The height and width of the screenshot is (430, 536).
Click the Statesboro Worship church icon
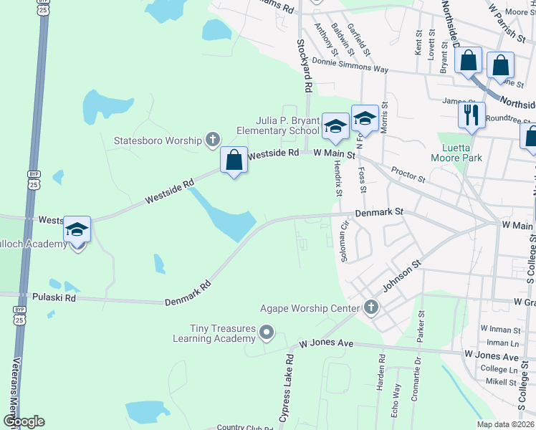pyautogui.click(x=213, y=140)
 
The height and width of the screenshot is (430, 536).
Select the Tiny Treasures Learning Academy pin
pyautogui.click(x=267, y=332)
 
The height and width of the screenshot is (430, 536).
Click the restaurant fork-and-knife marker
pyautogui.click(x=471, y=115)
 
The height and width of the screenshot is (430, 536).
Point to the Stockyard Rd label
pyautogui.click(x=305, y=65)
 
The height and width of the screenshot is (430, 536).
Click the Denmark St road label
pyautogui.click(x=379, y=213)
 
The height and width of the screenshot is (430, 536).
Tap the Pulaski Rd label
pyautogui.click(x=54, y=295)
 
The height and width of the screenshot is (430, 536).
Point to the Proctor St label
pyautogui.click(x=408, y=174)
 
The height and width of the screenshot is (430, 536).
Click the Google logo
pyautogui.click(x=23, y=421)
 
